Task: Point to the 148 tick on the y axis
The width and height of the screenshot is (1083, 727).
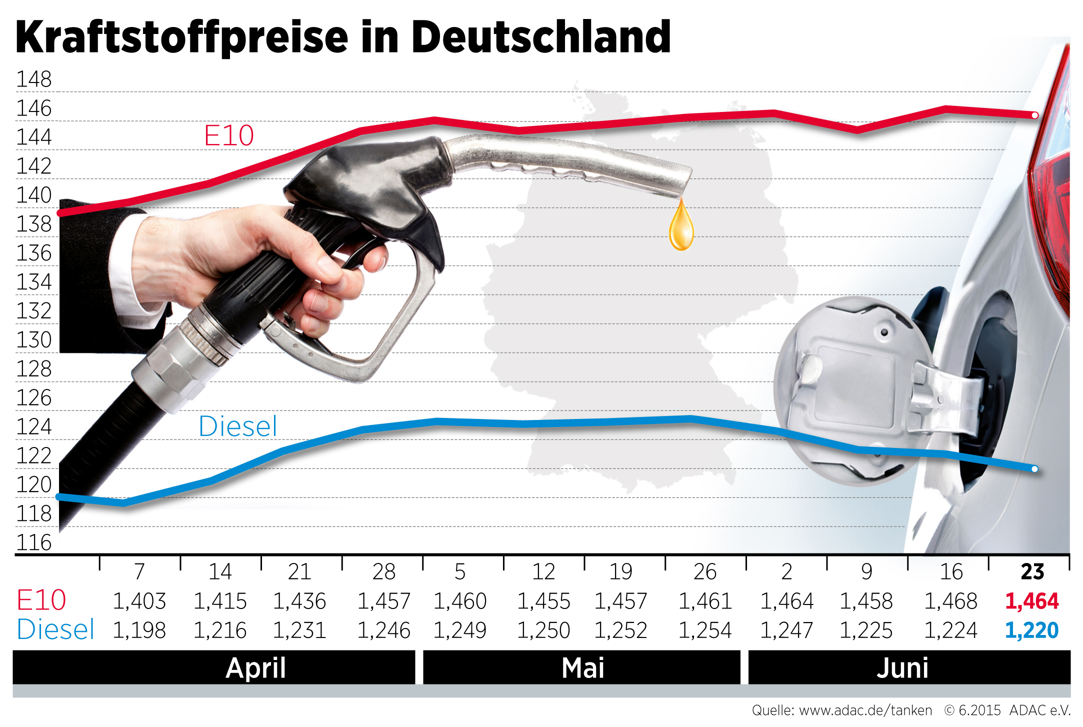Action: click(34, 79)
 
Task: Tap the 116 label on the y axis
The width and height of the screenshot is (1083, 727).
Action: click(34, 542)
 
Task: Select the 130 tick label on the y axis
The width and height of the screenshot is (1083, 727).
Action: click(34, 340)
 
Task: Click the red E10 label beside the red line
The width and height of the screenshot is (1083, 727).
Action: click(229, 135)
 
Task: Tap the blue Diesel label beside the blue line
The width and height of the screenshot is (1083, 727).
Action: click(237, 426)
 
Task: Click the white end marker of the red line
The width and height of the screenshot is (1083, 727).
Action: click(1035, 115)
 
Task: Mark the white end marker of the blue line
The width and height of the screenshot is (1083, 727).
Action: click(1034, 469)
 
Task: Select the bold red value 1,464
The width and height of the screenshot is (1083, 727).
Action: click(1031, 601)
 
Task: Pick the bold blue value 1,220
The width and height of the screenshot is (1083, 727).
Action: click(1031, 630)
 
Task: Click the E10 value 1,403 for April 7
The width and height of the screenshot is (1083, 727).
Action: click(139, 601)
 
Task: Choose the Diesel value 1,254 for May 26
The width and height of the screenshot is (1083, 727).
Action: click(704, 630)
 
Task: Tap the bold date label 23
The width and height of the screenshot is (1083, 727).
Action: click(1032, 571)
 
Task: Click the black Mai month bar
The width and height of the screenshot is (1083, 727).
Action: click(581, 667)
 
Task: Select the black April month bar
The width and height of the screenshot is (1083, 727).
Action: click(214, 667)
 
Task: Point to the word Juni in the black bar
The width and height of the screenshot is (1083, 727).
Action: click(902, 668)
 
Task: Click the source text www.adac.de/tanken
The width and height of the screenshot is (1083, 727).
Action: click(865, 710)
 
